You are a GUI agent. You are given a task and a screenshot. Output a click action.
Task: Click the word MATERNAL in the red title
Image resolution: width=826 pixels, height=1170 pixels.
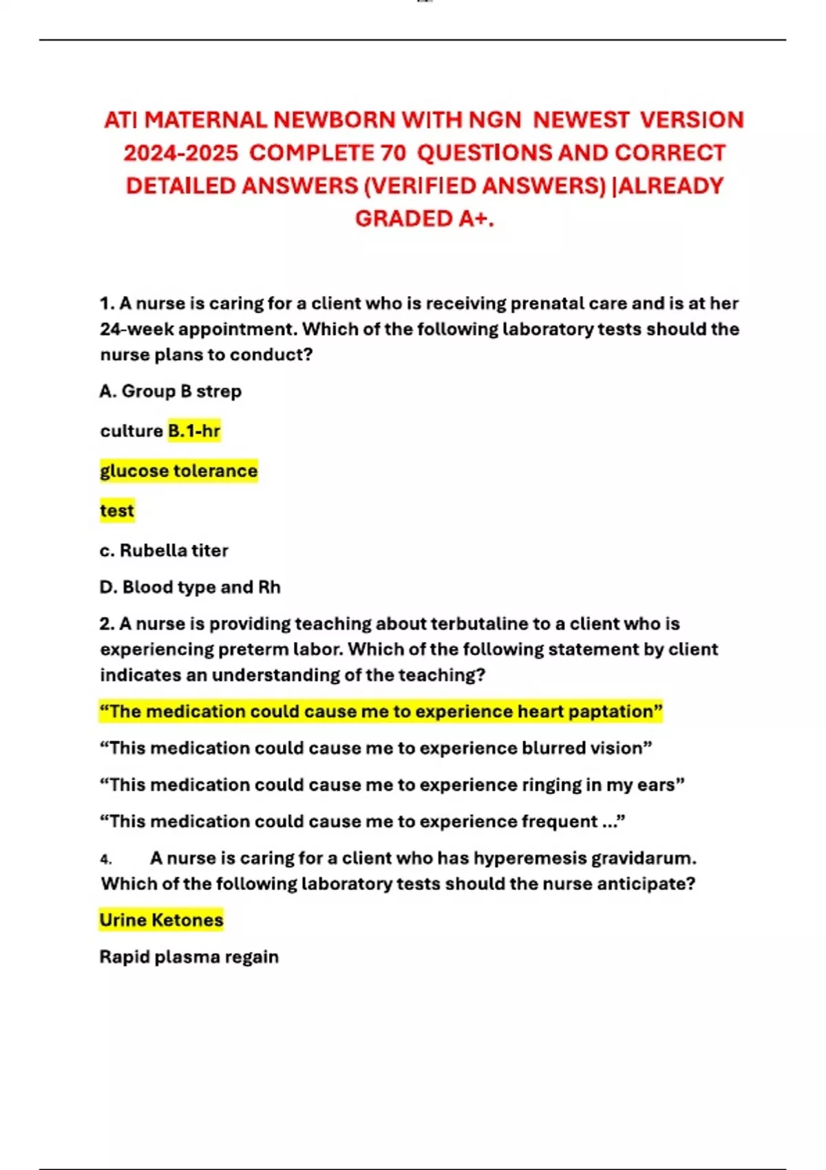pyautogui.click(x=205, y=120)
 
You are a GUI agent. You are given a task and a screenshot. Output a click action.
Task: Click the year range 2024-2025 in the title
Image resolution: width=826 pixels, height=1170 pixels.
pyautogui.click(x=181, y=153)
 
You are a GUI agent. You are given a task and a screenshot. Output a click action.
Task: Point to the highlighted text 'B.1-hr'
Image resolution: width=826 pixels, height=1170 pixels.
pyautogui.click(x=194, y=431)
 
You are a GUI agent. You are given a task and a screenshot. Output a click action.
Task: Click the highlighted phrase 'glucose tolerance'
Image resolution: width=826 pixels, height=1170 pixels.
pyautogui.click(x=179, y=471)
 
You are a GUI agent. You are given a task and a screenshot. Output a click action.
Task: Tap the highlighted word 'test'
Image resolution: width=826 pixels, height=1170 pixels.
pyautogui.click(x=117, y=511)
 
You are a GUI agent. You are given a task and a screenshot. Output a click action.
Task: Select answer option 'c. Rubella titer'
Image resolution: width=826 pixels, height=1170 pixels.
pyautogui.click(x=164, y=551)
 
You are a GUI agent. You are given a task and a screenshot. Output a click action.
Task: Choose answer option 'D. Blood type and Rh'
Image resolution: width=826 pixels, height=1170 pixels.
pyautogui.click(x=190, y=587)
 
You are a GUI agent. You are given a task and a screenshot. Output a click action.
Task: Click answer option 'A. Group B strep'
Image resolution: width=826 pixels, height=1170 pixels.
pyautogui.click(x=171, y=391)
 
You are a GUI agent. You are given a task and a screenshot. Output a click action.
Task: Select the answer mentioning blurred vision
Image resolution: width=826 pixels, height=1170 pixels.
pyautogui.click(x=376, y=748)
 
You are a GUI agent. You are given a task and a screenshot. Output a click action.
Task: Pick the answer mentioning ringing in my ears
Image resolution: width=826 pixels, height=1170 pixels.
pyautogui.click(x=392, y=785)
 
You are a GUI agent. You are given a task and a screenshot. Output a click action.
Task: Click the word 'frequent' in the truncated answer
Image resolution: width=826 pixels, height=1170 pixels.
pyautogui.click(x=559, y=821)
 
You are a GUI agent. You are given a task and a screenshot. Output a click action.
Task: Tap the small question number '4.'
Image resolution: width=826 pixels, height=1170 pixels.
pyautogui.click(x=106, y=859)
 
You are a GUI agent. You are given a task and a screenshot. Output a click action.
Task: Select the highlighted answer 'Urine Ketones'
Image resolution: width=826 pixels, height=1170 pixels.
pyautogui.click(x=162, y=920)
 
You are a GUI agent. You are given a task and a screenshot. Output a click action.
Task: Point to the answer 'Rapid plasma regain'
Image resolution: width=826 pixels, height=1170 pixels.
pyautogui.click(x=189, y=957)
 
